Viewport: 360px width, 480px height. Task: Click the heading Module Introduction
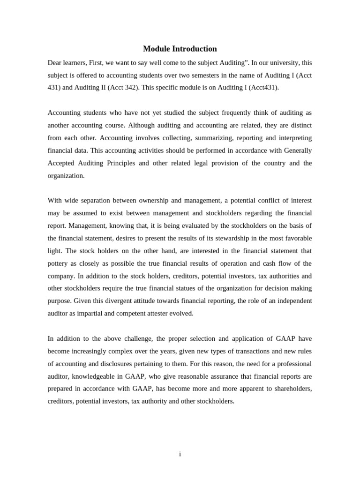pyautogui.click(x=180, y=49)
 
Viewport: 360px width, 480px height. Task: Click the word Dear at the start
pyautogui.click(x=55, y=63)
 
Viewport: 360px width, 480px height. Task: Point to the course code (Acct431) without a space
pyautogui.click(x=263, y=88)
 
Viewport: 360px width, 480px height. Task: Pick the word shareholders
pyautogui.click(x=292, y=389)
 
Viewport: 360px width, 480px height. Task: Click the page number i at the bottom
pyautogui.click(x=180, y=454)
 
